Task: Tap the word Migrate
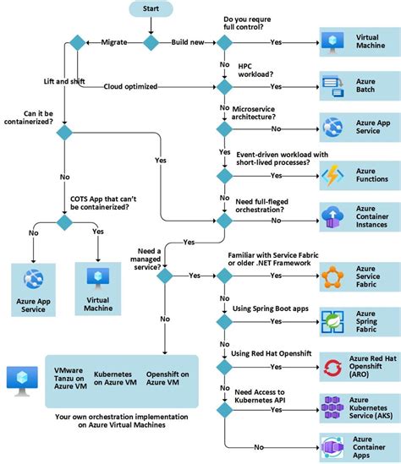pyautogui.click(x=114, y=41)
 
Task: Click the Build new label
pyautogui.click(x=189, y=41)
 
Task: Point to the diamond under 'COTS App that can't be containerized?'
pyautogui.click(x=64, y=221)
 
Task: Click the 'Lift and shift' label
pyautogui.click(x=64, y=80)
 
